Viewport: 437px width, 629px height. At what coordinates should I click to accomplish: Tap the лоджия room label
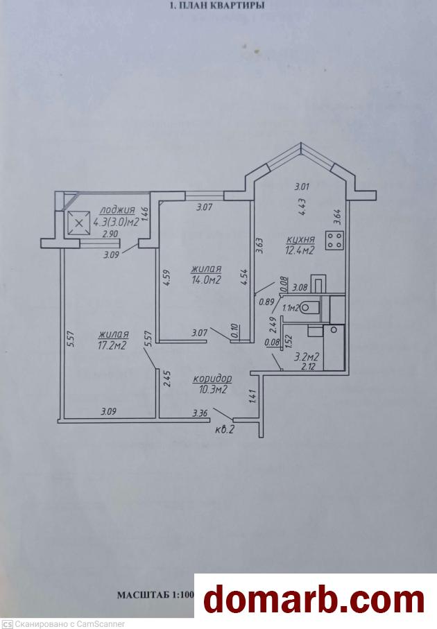[x=117, y=210]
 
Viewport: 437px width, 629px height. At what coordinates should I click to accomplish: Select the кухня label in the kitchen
[x=300, y=239]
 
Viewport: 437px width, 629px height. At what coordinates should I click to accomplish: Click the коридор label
[x=212, y=378]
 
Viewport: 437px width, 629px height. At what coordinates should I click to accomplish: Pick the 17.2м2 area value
[x=112, y=345]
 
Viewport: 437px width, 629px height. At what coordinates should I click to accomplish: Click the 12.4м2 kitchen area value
[x=299, y=250]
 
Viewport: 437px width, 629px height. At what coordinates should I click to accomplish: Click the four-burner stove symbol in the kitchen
[x=334, y=240]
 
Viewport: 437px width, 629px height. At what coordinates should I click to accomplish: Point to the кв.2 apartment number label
[x=225, y=430]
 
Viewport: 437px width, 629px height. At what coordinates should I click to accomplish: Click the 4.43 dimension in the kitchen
[x=302, y=208]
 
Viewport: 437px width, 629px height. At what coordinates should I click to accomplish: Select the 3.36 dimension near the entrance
[x=200, y=413]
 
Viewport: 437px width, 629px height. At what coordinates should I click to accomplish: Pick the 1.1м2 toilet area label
[x=291, y=308]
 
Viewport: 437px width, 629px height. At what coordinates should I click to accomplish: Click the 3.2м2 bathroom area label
[x=307, y=356]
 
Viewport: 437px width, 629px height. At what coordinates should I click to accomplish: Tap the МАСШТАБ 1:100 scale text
[x=155, y=594]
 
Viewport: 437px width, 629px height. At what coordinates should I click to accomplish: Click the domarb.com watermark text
[x=314, y=601]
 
